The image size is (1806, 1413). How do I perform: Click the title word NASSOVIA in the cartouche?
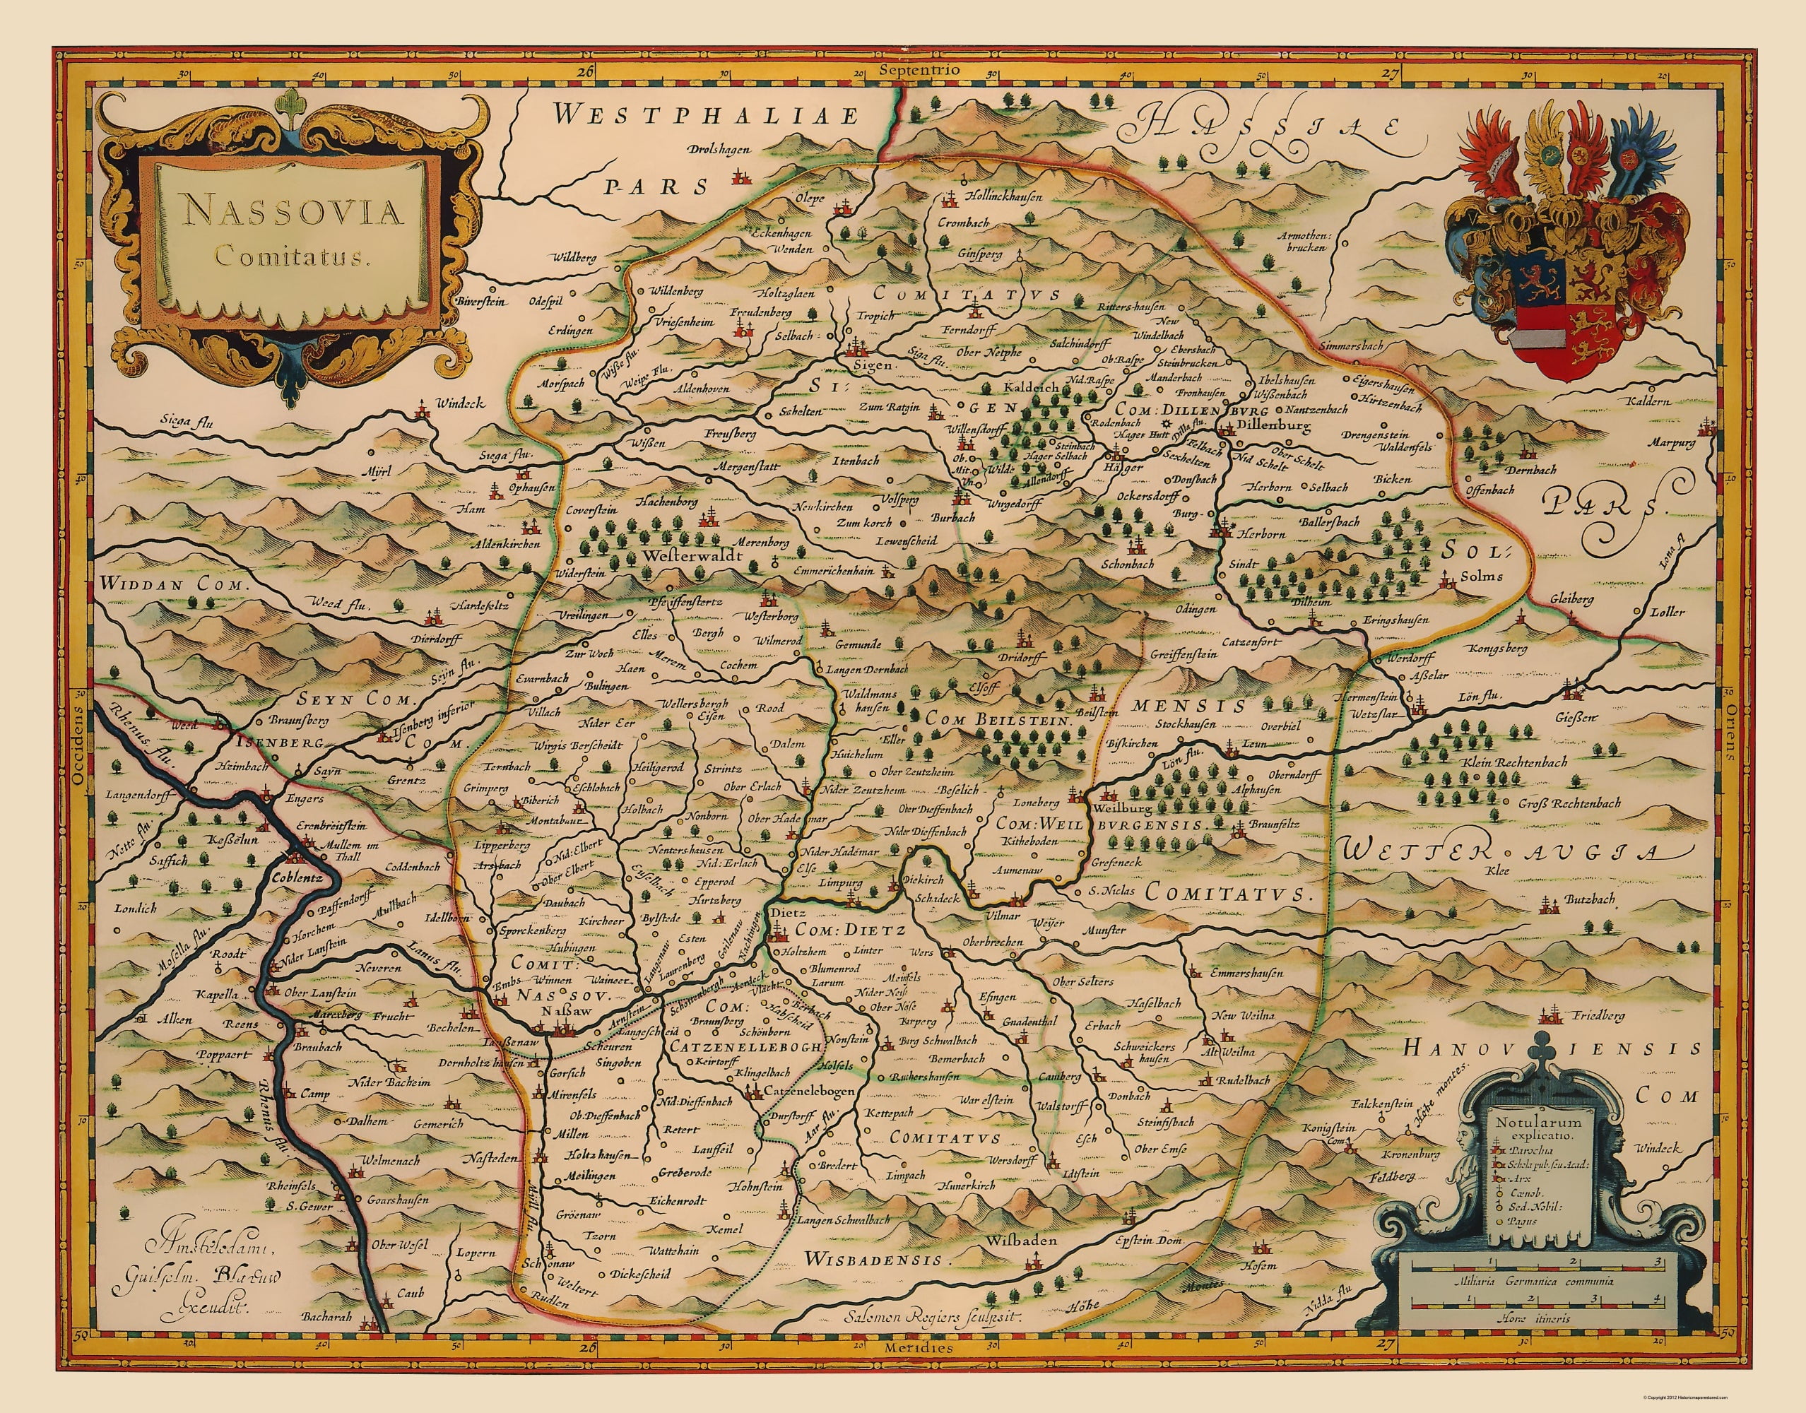294,213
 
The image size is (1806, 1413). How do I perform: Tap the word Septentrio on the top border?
920,71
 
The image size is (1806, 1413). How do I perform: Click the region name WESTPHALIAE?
707,116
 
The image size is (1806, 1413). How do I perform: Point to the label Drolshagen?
717,150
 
